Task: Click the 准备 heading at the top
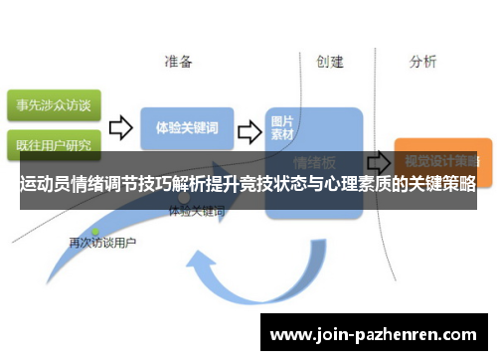point(179,62)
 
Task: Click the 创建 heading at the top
point(330,62)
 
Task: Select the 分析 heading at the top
point(422,62)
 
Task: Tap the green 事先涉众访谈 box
point(52,103)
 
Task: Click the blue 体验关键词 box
point(187,128)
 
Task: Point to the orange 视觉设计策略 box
point(436,158)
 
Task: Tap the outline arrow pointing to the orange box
point(378,160)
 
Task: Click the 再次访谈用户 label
point(102,242)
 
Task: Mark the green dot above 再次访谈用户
point(96,231)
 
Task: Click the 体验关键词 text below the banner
point(197,212)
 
